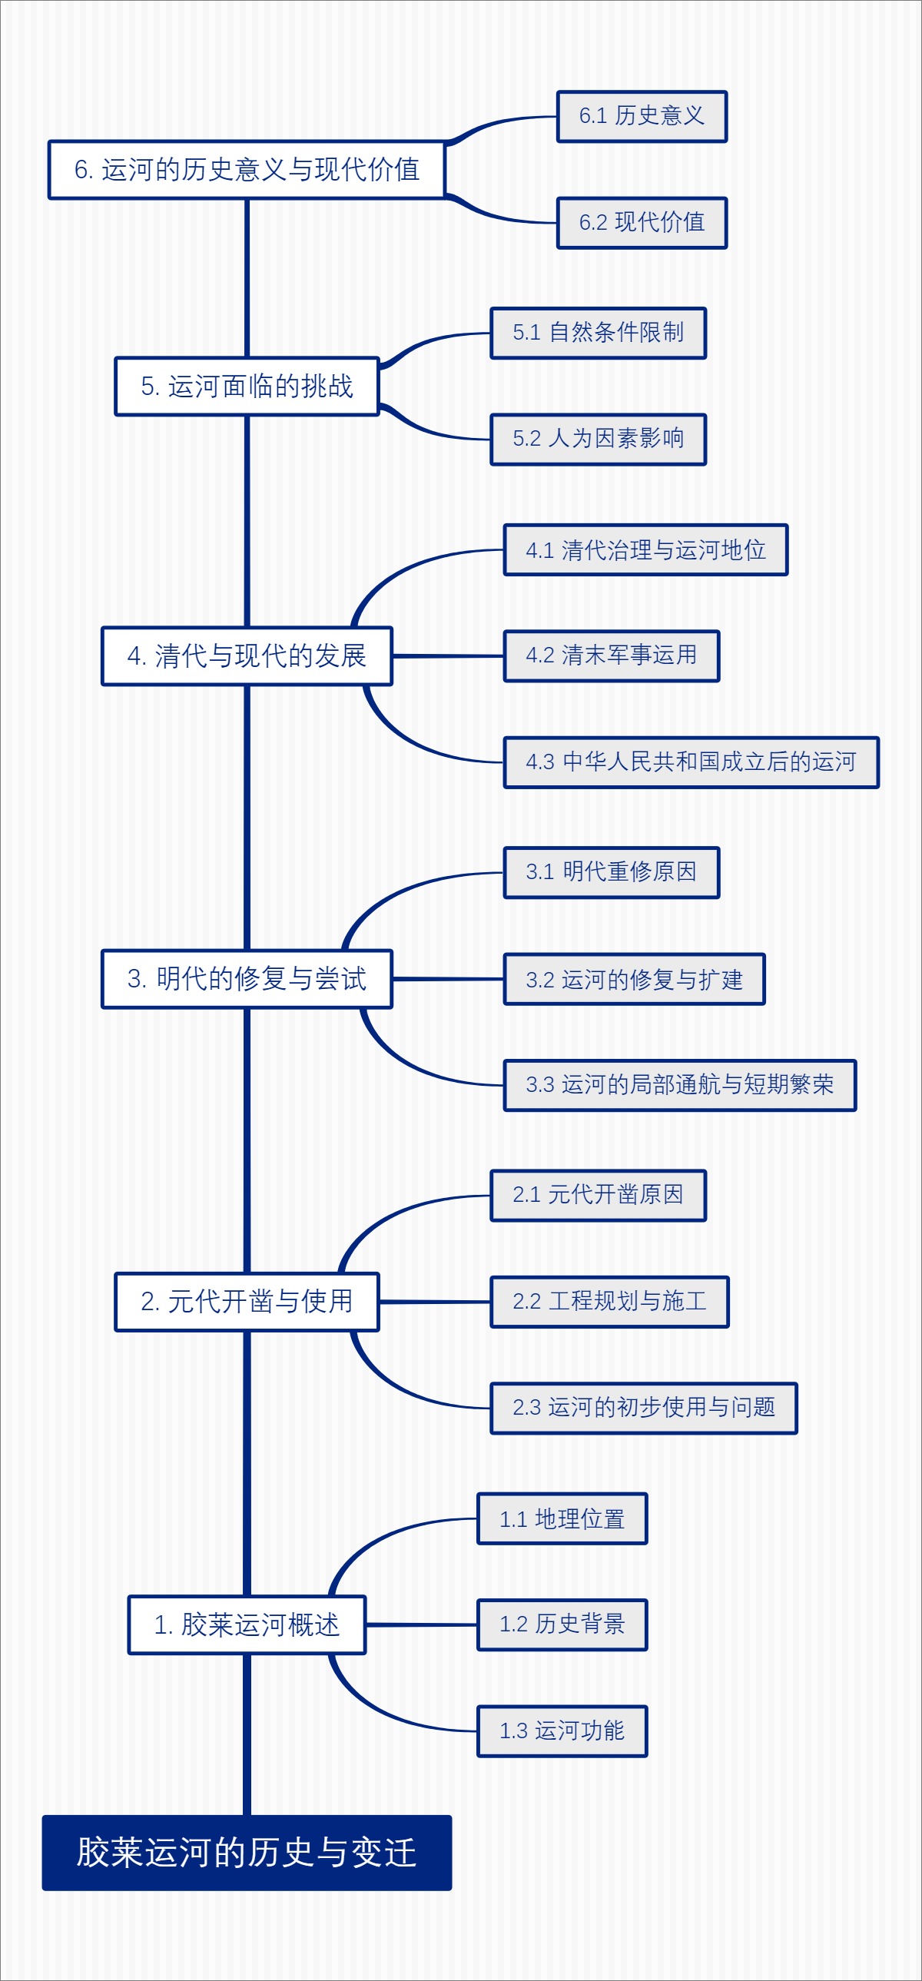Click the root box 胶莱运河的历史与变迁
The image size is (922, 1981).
click(246, 1852)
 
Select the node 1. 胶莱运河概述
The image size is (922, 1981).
click(246, 1624)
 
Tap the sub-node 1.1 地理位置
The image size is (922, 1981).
click(562, 1518)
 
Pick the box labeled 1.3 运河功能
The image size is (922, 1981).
click(562, 1730)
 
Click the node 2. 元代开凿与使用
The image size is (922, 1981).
click(246, 1301)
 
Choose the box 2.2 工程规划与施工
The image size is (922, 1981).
click(609, 1301)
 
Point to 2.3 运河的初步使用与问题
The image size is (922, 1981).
click(643, 1407)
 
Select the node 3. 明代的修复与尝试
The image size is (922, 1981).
click(246, 978)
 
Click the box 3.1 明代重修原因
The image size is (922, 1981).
click(611, 872)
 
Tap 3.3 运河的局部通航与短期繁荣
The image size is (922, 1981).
click(679, 1084)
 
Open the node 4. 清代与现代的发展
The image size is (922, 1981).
click(246, 655)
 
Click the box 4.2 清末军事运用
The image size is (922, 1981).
click(611, 655)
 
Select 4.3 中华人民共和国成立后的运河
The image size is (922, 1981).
click(690, 762)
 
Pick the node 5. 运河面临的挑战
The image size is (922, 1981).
click(246, 386)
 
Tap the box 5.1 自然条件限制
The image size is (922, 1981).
click(598, 332)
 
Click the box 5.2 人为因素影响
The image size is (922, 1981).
click(598, 438)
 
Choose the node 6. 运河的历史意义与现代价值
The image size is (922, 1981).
click(246, 169)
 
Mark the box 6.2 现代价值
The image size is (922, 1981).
click(642, 222)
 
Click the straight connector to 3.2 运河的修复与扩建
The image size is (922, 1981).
click(447, 979)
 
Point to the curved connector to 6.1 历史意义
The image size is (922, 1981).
click(500, 121)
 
